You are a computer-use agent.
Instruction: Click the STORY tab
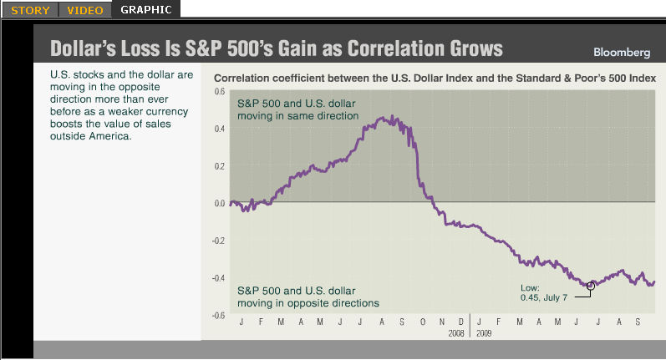(x=30, y=10)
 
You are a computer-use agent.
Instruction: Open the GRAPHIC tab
(x=145, y=10)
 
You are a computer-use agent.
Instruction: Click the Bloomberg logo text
(x=621, y=52)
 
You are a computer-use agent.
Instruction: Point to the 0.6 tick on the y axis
(x=219, y=91)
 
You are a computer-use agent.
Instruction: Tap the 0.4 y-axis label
(x=219, y=129)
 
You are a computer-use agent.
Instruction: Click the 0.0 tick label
(x=219, y=203)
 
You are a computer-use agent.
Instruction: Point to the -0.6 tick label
(x=218, y=315)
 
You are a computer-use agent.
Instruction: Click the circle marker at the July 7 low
(x=591, y=286)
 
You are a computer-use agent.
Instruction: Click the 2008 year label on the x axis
(x=455, y=332)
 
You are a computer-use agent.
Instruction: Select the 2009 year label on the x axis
(x=484, y=332)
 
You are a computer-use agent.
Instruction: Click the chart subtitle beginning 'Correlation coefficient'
(x=435, y=77)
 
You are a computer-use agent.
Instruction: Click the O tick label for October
(x=423, y=322)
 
